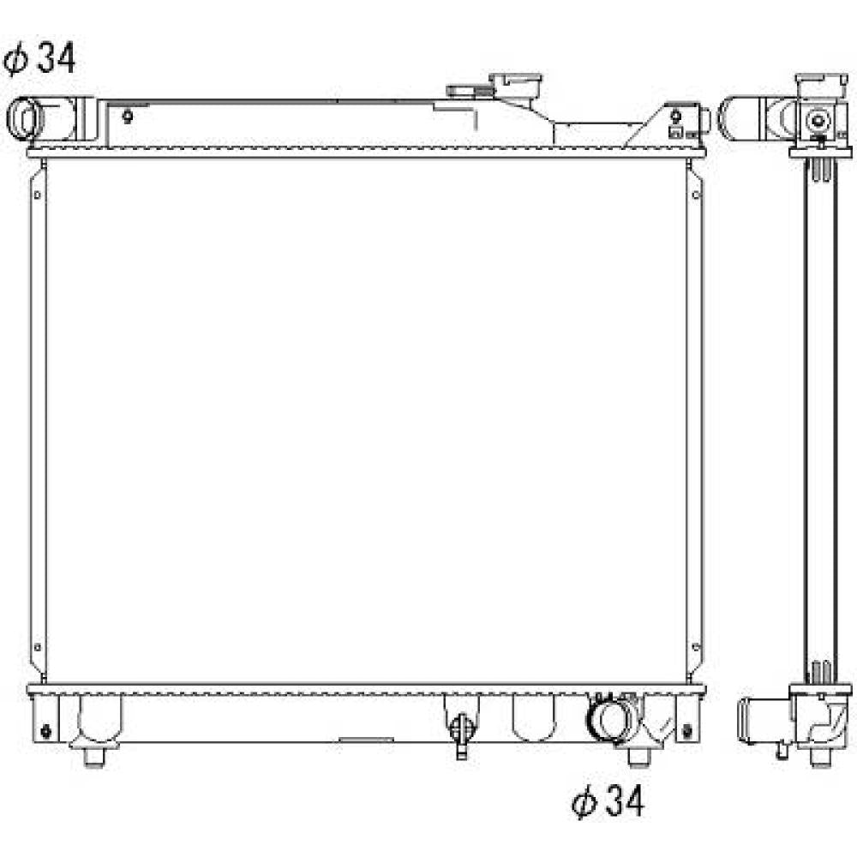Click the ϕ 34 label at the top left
(39, 58)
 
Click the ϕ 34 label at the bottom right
(608, 801)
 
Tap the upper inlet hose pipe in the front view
(44, 118)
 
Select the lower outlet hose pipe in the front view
(611, 717)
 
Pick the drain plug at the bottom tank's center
(462, 733)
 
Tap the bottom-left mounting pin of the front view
(94, 756)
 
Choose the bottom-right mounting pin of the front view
(639, 757)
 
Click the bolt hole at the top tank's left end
(128, 117)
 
